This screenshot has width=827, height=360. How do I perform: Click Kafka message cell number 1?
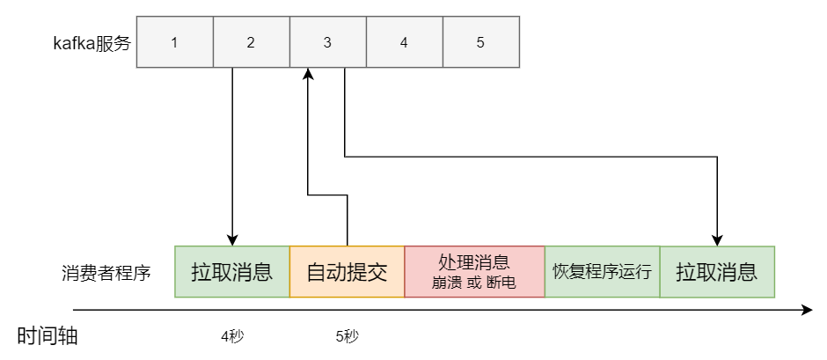(x=174, y=41)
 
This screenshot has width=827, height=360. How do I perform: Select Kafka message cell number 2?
(x=251, y=41)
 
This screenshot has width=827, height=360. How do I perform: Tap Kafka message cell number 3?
(x=327, y=41)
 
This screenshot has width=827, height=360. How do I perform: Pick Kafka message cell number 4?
(x=404, y=41)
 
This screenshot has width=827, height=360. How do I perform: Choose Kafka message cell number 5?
(x=480, y=41)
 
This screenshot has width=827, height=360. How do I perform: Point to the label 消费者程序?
(x=106, y=272)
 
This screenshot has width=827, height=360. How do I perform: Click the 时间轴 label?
(x=48, y=335)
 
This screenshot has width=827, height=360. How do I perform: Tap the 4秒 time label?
(x=233, y=335)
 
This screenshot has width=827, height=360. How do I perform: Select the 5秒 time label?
(x=348, y=335)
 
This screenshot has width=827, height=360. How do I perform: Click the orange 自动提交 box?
(x=347, y=272)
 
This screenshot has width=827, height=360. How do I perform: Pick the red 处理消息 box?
(x=474, y=272)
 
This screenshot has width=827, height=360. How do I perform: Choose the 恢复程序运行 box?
(x=602, y=272)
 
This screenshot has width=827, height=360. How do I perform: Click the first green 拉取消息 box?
(x=231, y=272)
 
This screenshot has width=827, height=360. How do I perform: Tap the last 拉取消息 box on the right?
(x=716, y=272)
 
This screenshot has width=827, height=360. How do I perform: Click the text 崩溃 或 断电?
(x=474, y=283)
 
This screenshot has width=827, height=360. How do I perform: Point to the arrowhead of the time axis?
(x=807, y=310)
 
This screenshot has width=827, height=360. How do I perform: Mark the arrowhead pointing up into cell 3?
(x=308, y=75)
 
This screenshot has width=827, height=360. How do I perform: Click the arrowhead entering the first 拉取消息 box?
(x=232, y=239)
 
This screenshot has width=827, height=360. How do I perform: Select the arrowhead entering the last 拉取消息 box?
(x=718, y=239)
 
